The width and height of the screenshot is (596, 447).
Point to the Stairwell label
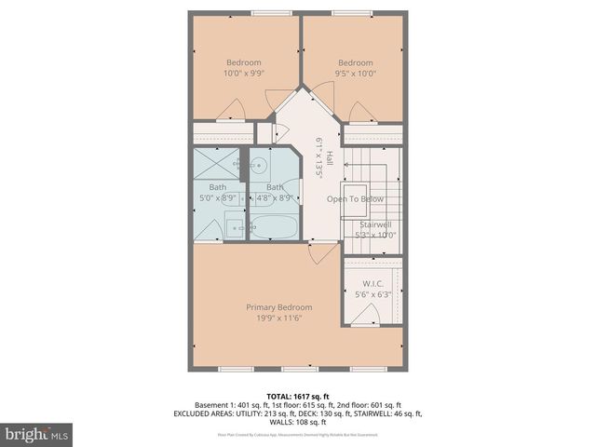tap(377, 223)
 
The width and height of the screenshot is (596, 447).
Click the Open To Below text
tap(354, 199)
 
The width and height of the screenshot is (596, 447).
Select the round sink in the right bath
tap(262, 168)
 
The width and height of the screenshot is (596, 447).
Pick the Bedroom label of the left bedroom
tap(244, 62)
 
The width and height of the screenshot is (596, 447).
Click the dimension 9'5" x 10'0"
tap(354, 74)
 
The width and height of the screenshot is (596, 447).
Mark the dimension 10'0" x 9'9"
tap(243, 74)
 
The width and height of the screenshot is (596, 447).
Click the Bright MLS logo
tap(37, 434)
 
